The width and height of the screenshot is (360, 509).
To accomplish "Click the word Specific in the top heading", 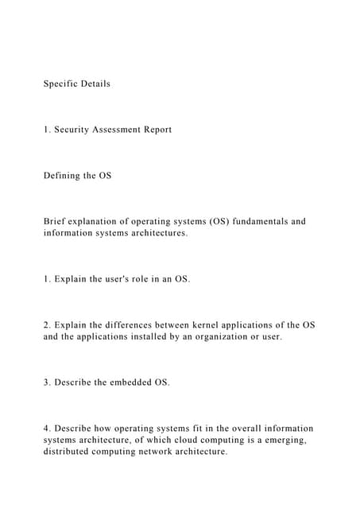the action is (x=60, y=84).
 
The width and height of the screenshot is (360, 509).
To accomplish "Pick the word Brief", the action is (x=55, y=221).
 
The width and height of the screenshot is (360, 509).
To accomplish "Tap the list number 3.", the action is (x=46, y=383).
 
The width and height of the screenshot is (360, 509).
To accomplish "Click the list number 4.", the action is (x=46, y=428).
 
